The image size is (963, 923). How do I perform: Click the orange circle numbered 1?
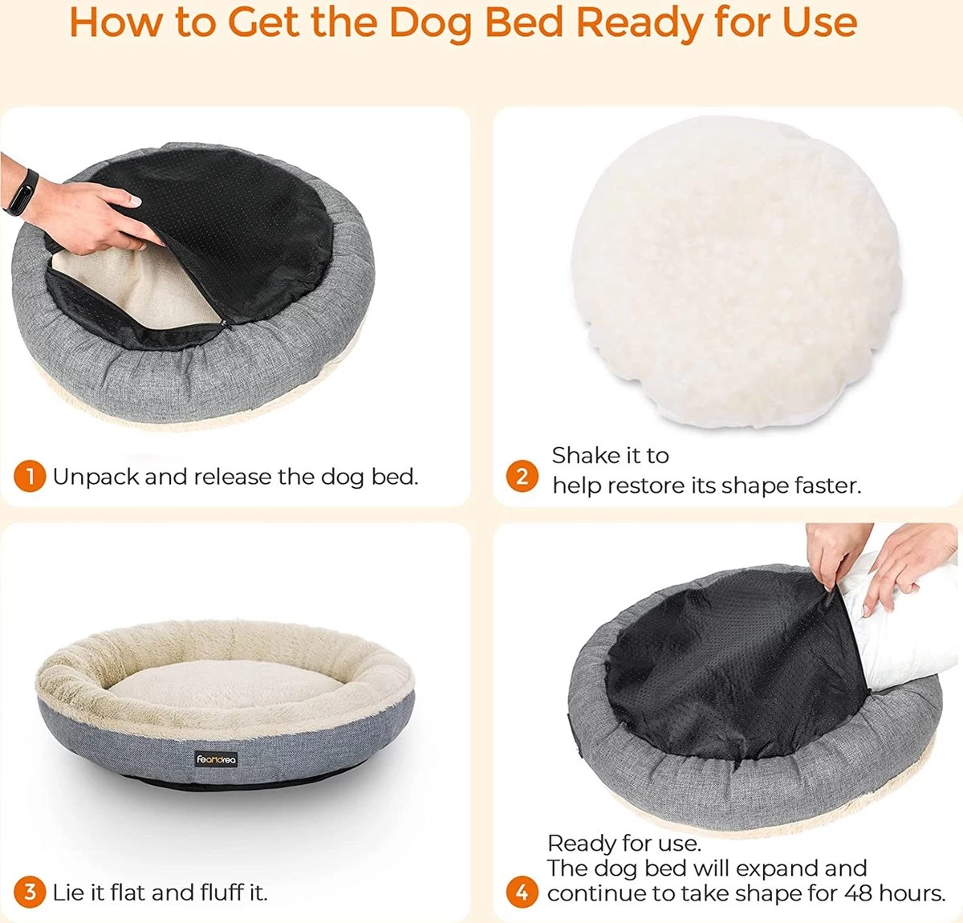click(x=30, y=476)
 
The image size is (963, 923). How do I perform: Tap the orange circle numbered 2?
click(x=522, y=476)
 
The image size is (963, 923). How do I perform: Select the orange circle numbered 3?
click(x=30, y=893)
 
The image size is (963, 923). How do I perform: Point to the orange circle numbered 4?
click(x=522, y=893)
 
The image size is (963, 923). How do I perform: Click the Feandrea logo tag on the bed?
click(x=216, y=759)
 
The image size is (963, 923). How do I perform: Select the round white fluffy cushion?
click(x=736, y=271)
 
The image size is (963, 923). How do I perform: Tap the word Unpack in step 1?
click(x=96, y=478)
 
